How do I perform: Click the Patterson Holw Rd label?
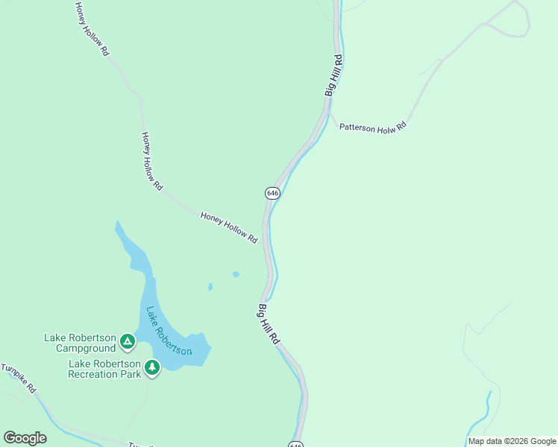click(373, 127)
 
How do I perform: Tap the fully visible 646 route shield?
click(272, 193)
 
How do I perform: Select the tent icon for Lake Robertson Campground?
click(128, 342)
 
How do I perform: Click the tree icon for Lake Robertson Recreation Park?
click(152, 367)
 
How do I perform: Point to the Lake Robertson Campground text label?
click(80, 343)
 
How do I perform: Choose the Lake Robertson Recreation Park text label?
click(104, 369)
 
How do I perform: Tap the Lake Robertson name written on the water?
click(169, 331)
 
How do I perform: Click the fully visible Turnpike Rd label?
click(19, 378)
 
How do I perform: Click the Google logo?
click(25, 437)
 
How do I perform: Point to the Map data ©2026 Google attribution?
click(512, 441)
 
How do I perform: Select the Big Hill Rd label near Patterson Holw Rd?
click(333, 74)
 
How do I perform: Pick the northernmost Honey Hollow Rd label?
click(92, 29)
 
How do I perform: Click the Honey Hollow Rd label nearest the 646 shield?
click(229, 227)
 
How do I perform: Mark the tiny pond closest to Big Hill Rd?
click(236, 274)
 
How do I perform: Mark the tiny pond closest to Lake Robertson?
click(210, 286)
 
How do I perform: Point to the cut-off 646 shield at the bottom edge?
click(295, 444)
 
